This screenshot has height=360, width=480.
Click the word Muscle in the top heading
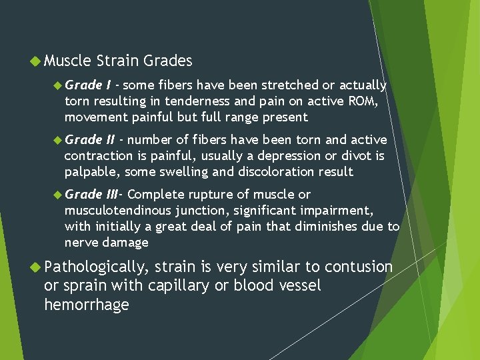coord(67,61)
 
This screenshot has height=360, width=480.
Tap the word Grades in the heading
coord(166,61)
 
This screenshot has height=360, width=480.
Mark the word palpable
coord(89,172)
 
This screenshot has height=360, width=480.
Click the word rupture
coord(212,195)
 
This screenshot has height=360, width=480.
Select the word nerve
coord(81,243)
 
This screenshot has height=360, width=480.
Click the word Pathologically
coord(95,267)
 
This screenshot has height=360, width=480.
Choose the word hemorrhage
coord(86,305)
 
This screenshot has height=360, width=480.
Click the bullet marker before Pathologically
coord(35,267)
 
